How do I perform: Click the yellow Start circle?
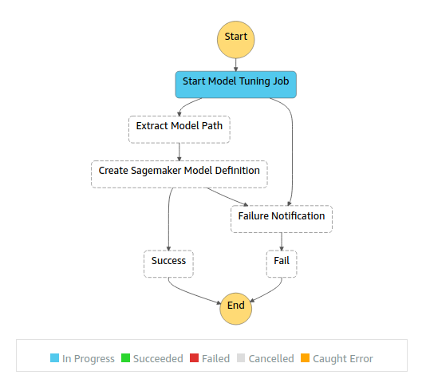pos(236,40)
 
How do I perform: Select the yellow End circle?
pos(236,309)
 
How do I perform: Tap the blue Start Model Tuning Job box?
pos(236,85)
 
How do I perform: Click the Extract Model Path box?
pos(179,129)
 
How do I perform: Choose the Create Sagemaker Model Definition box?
pos(179,174)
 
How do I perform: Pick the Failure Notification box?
pos(282,219)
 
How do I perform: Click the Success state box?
pos(168,264)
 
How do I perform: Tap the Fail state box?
pos(282,264)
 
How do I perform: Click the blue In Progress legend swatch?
pos(54,358)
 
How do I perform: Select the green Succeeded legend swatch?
pos(125,358)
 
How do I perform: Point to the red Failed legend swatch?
pos(194,358)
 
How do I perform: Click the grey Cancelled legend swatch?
pos(241,358)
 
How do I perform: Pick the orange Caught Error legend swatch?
pos(305,358)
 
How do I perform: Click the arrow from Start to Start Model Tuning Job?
pos(236,65)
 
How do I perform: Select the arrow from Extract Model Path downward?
pos(179,152)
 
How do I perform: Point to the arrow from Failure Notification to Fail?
pos(282,242)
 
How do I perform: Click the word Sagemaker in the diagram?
pos(156,171)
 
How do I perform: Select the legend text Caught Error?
pos(343,358)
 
